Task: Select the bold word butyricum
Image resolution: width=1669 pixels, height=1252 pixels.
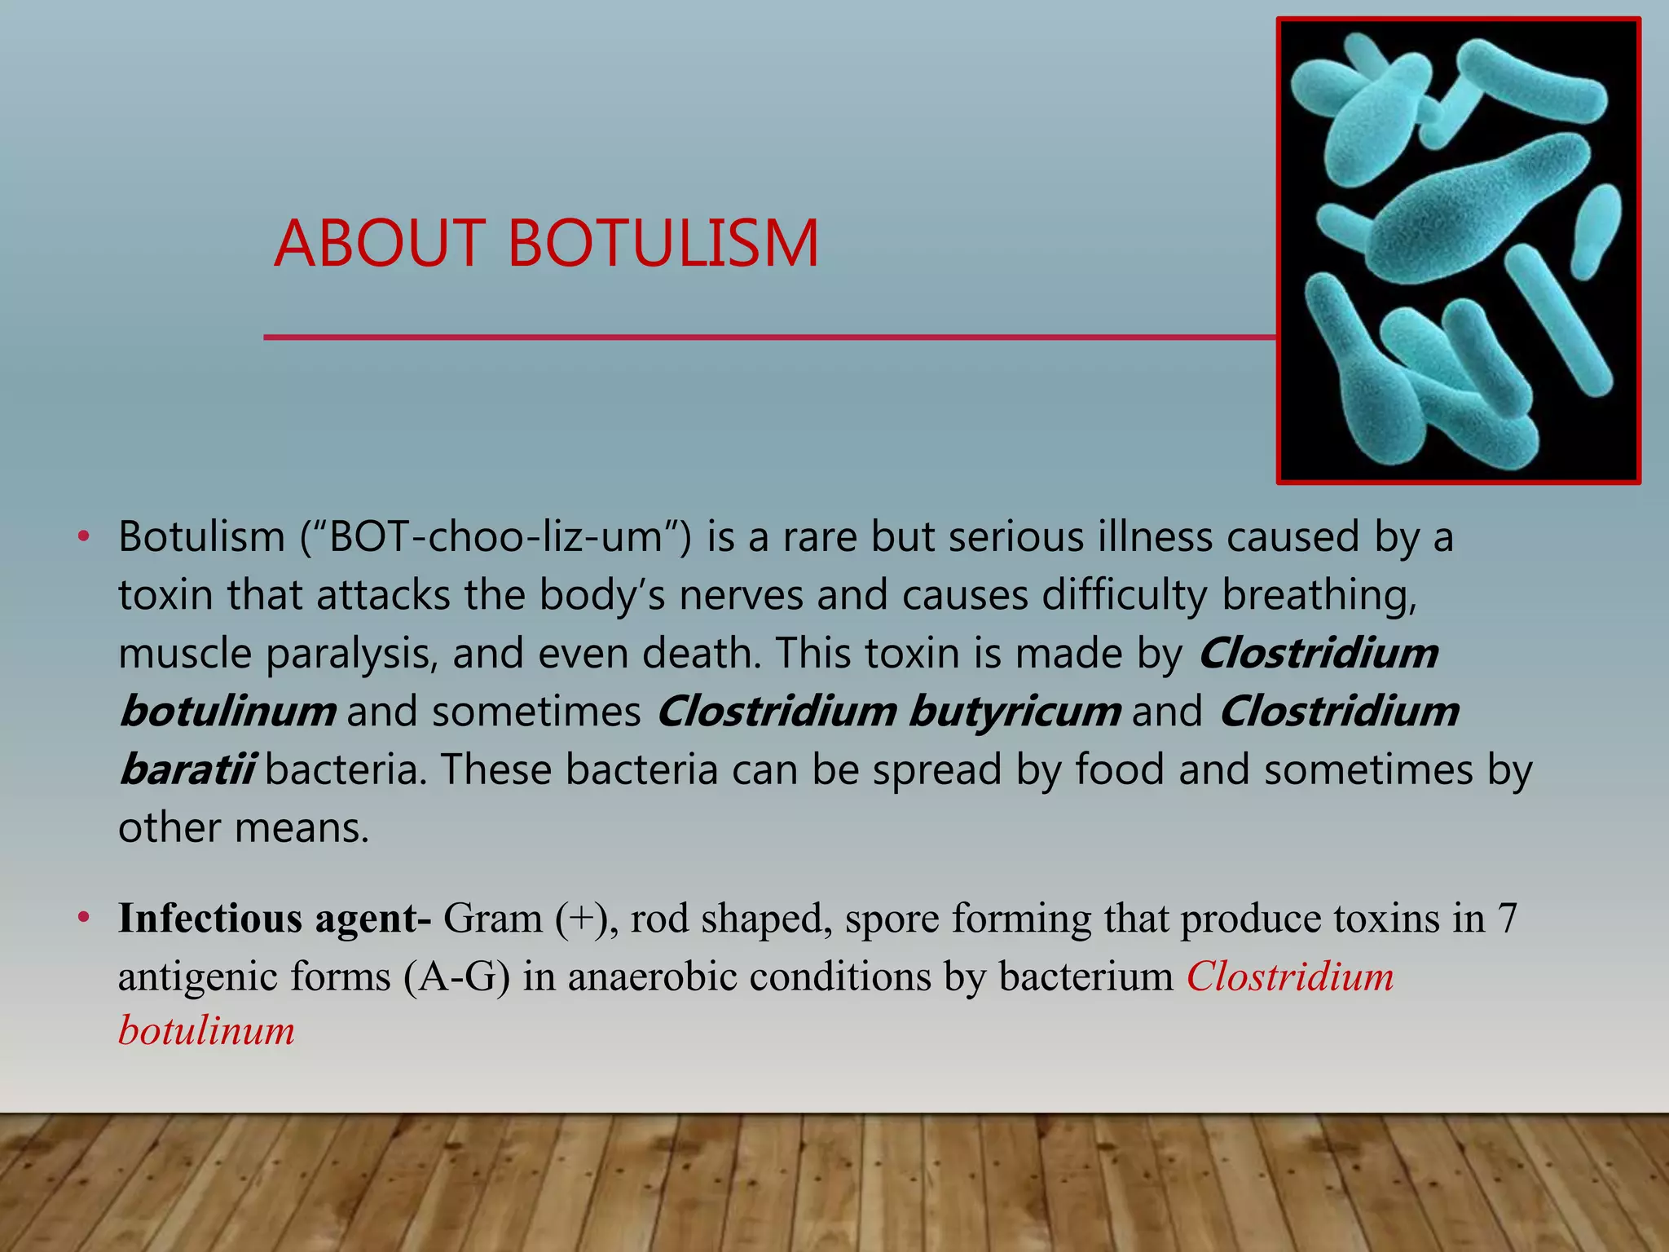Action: [1014, 711]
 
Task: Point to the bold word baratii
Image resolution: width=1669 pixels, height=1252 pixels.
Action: [187, 769]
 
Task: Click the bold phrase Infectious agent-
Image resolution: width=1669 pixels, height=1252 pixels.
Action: [274, 918]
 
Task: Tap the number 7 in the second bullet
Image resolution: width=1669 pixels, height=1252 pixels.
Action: [1506, 918]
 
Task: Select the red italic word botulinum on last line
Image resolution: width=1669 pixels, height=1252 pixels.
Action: [206, 1030]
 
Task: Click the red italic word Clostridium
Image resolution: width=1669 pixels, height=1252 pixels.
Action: [1290, 976]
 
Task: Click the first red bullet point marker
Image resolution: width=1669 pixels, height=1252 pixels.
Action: [82, 537]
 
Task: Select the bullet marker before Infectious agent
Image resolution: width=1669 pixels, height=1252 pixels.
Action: [82, 919]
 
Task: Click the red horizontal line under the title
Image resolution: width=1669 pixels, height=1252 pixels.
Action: [766, 337]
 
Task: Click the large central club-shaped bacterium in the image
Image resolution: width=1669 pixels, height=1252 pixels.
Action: [1467, 212]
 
